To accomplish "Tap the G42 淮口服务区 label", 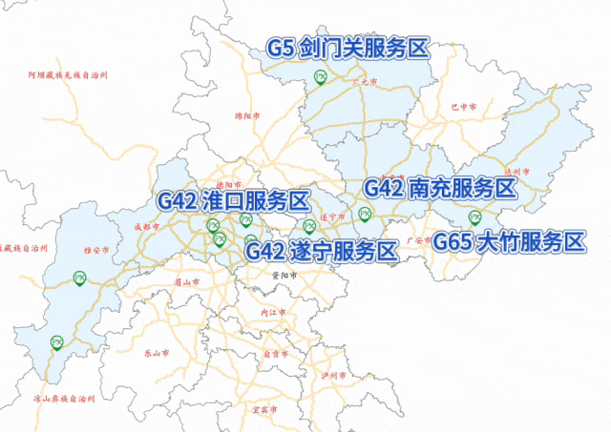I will coord(234,201).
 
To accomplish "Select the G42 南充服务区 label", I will coord(440,188).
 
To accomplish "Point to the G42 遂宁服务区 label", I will coord(320,251).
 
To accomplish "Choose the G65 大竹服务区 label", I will coord(508,241).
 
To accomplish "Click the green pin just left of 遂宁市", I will coord(308,226).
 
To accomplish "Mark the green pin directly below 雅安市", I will coord(80,278).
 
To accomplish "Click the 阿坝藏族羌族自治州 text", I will coord(68,73).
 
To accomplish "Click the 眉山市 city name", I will coord(187,282).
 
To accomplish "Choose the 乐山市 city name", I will coord(157,352).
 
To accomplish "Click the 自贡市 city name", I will coord(276,354).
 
